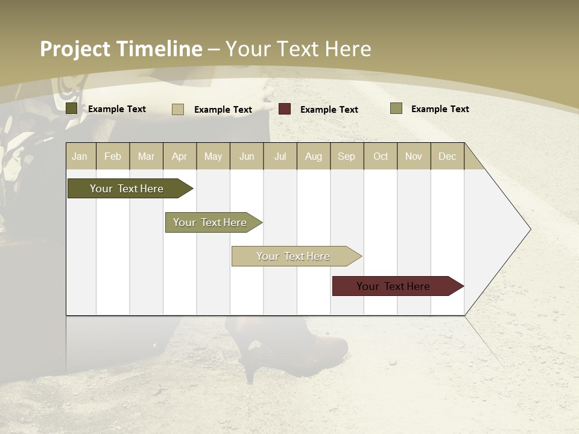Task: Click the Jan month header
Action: point(80,156)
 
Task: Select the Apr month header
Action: point(180,156)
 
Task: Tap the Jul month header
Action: point(280,156)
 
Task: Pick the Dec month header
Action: point(447,156)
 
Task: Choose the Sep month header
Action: point(346,156)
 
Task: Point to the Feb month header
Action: point(113,156)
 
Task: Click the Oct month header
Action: point(381,156)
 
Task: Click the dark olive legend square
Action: point(72,108)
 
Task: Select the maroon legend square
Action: point(285,109)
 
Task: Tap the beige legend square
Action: point(178,109)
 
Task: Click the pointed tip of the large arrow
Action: point(530,229)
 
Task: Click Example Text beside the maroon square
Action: point(329,110)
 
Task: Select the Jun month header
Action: point(247,156)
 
